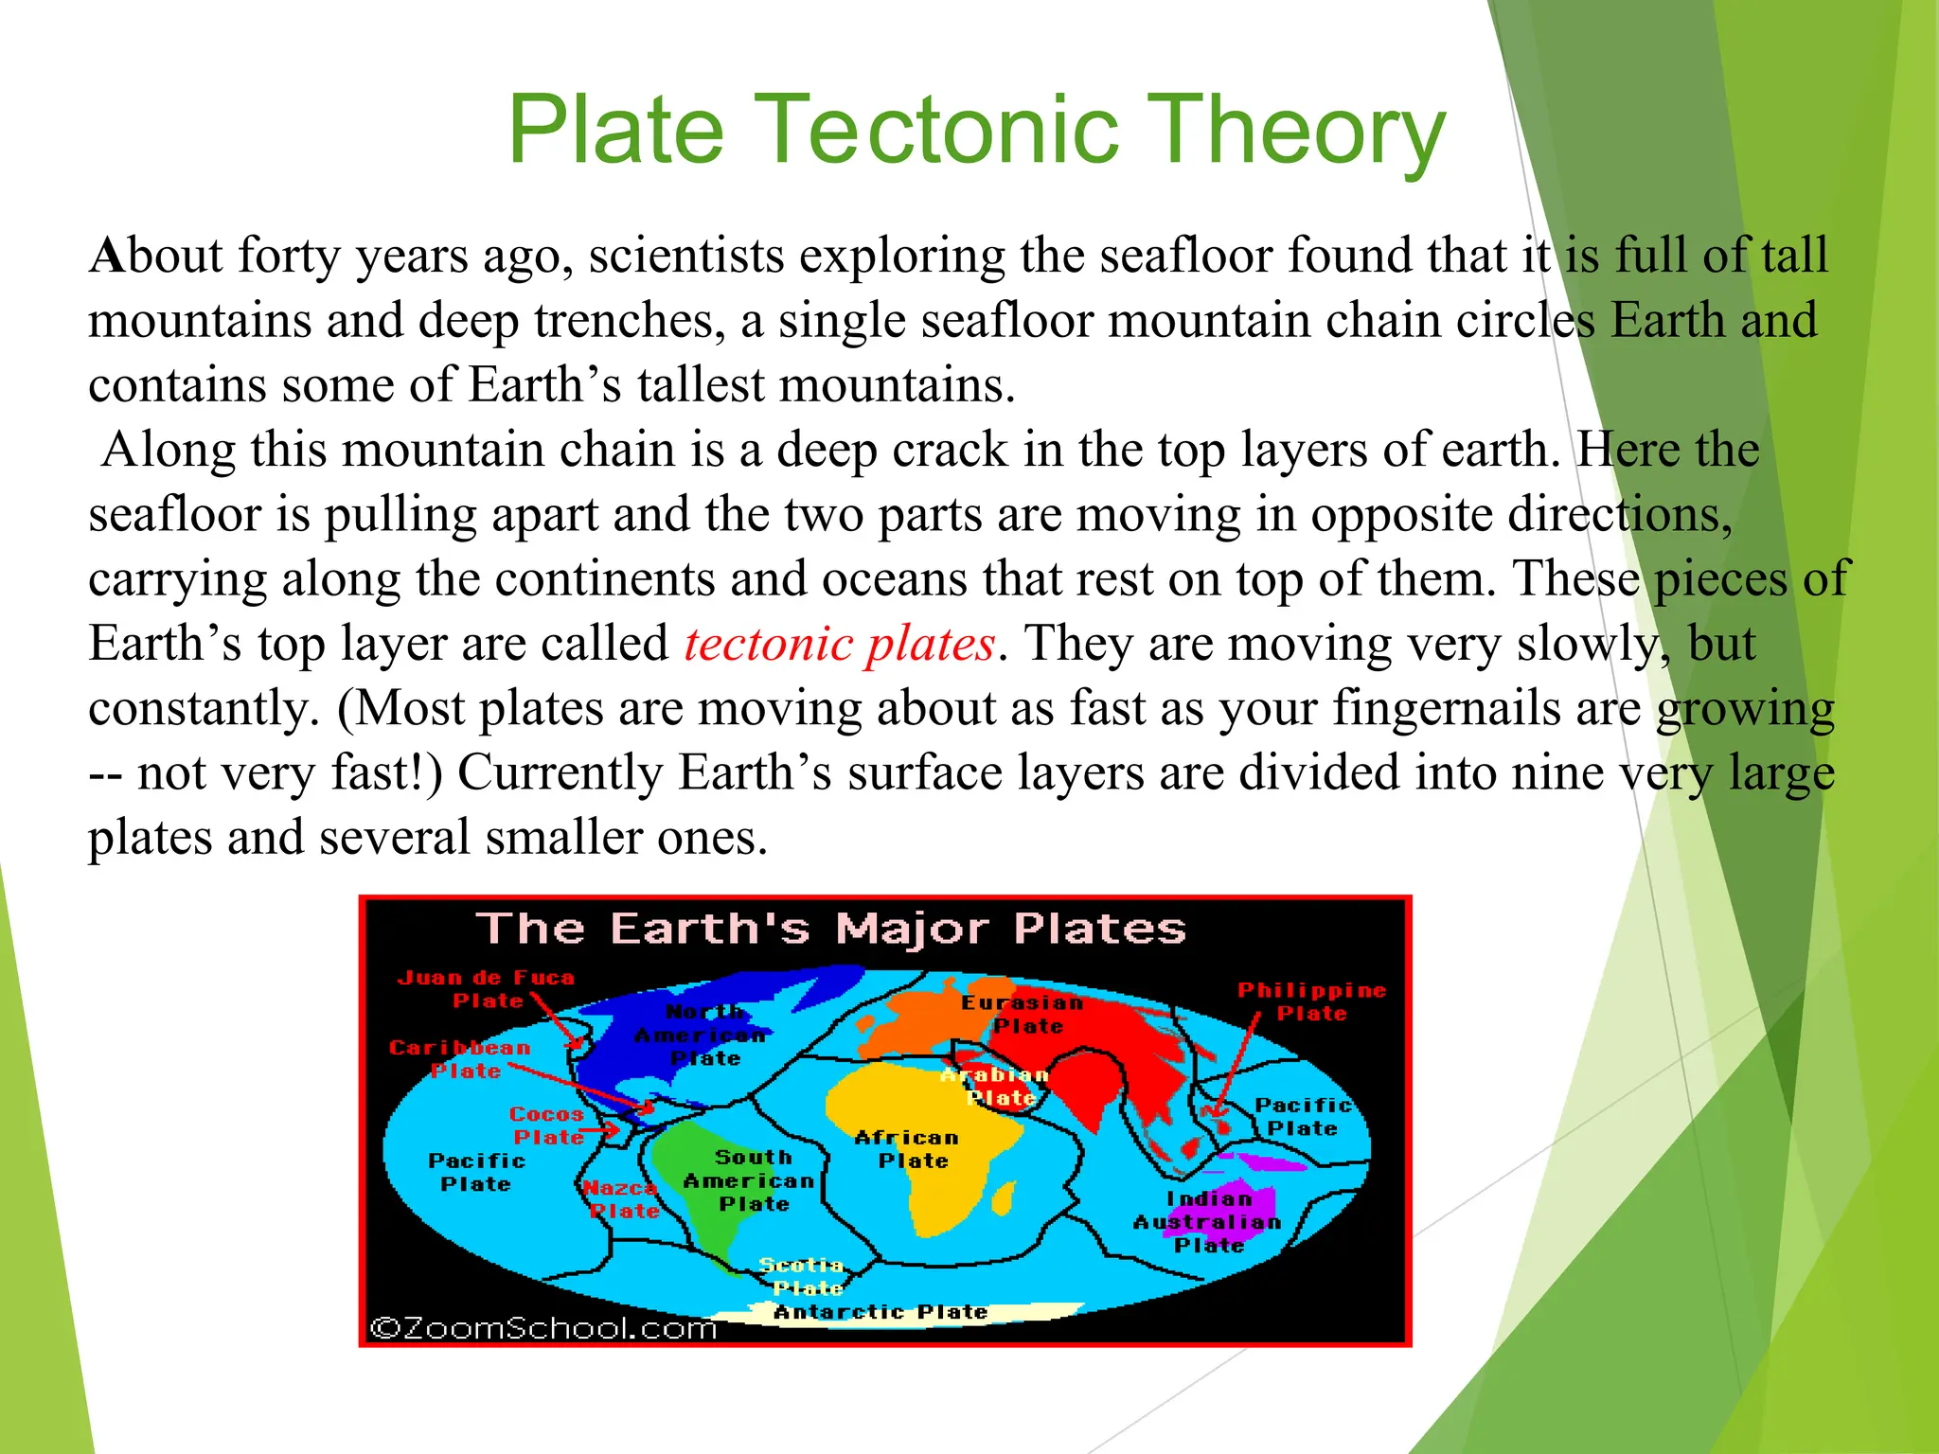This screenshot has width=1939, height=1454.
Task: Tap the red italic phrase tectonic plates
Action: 839,645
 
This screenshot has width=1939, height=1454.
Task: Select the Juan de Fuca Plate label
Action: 486,988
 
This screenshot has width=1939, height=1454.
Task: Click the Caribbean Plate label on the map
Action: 460,1058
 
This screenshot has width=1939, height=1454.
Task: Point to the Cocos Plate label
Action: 547,1126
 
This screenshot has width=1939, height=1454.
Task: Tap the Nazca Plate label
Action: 621,1199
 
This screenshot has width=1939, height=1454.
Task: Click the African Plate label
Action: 907,1149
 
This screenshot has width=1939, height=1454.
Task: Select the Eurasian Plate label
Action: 1023,1014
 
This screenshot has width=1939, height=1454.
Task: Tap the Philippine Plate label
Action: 1311,1002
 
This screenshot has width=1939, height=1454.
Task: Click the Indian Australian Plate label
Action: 1208,1222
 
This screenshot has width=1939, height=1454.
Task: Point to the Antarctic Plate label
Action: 881,1312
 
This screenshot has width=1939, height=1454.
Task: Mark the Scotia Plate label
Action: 803,1276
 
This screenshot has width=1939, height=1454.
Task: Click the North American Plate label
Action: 703,1036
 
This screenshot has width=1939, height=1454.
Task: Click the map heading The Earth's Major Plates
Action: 830,929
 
